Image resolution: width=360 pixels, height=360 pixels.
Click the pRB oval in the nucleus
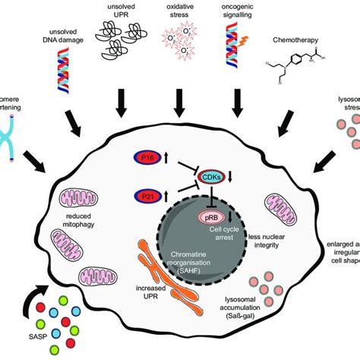pyautogui.click(x=209, y=217)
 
